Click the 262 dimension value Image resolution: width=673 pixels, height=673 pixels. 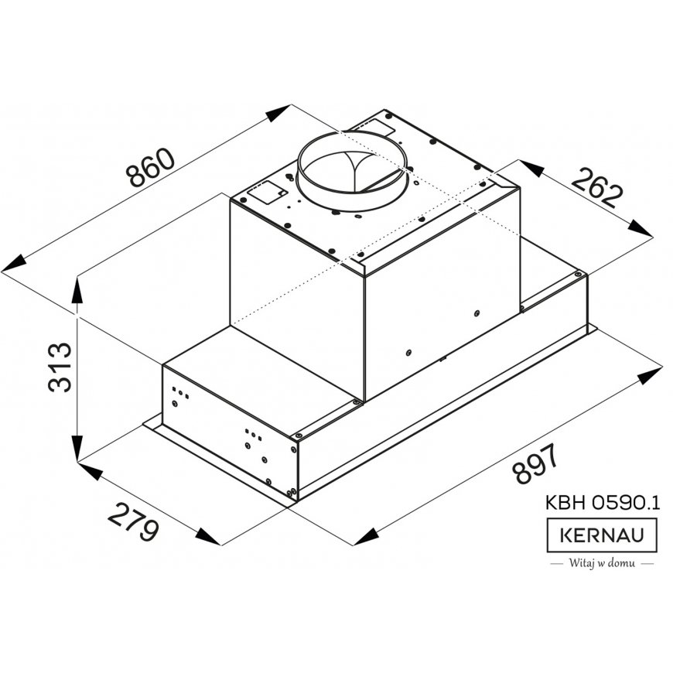(596, 187)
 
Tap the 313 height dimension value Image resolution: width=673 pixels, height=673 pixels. (60, 367)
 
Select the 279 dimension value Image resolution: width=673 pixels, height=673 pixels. (133, 522)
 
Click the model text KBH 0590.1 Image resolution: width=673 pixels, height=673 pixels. (602, 502)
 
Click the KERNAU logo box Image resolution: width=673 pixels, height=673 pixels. (602, 535)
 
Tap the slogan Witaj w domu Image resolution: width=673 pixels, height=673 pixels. (602, 562)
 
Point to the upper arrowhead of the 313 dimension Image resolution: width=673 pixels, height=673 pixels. (77, 290)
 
